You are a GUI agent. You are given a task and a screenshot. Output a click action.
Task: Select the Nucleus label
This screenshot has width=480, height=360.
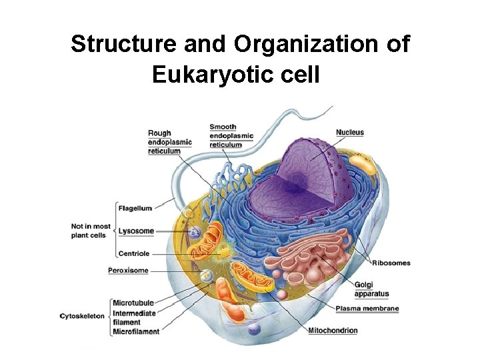[350, 132]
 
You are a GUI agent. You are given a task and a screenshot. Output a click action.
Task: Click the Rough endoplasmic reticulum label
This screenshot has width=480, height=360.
[169, 142]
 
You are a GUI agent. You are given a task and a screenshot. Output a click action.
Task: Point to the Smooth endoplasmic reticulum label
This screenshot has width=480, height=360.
[231, 136]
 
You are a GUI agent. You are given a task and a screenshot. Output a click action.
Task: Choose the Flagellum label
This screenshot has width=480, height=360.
[135, 208]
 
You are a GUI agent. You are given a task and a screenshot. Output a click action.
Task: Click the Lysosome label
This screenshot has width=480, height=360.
[136, 231]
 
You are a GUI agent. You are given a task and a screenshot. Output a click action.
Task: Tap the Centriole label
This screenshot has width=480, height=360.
[134, 254]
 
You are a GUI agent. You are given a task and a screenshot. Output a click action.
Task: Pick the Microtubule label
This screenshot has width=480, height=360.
[133, 303]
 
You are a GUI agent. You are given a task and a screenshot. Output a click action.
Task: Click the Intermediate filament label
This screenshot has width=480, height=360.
[135, 317]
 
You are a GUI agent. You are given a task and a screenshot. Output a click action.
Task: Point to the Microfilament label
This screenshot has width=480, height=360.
[136, 331]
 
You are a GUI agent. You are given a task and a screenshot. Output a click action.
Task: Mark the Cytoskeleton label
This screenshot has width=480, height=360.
[83, 316]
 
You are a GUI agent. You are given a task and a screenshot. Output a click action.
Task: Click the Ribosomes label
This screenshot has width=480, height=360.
[391, 263]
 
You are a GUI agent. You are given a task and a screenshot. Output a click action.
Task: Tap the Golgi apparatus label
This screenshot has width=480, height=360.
[371, 289]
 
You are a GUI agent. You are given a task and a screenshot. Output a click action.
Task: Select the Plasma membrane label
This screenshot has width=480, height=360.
[367, 309]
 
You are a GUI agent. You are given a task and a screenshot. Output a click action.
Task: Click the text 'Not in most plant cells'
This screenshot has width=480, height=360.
[91, 231]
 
